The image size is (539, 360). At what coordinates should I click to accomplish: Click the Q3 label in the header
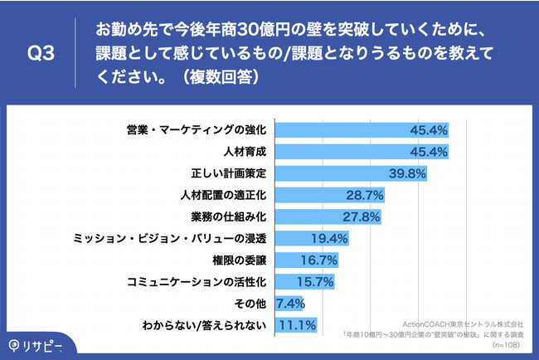coord(41,55)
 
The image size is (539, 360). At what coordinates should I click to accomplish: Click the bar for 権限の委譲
coord(295,260)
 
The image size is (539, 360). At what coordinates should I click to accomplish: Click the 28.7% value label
coord(363,196)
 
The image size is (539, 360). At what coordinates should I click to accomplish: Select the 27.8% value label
coord(361,217)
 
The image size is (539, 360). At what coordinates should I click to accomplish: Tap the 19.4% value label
coord(329,239)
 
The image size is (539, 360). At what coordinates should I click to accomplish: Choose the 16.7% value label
coord(318,260)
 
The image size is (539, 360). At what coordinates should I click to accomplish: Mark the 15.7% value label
coord(315,282)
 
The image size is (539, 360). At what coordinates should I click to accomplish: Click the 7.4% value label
coord(293,304)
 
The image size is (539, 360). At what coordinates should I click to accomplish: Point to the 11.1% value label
coord(297,325)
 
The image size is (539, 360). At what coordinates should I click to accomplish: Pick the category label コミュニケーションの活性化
coord(197,282)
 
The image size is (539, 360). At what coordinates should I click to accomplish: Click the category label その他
coord(251,304)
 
